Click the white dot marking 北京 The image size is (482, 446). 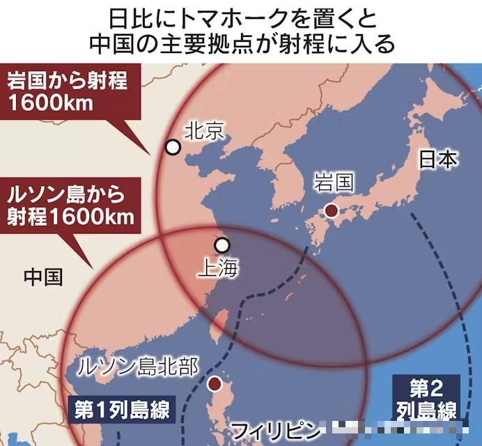pyautogui.click(x=172, y=147)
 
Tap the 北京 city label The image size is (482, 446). pyautogui.click(x=205, y=130)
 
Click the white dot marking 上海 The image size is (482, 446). pyautogui.click(x=222, y=245)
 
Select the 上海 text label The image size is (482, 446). pyautogui.click(x=218, y=268)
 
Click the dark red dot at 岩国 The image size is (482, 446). pyautogui.click(x=332, y=210)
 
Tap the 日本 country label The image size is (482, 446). pyautogui.click(x=438, y=160)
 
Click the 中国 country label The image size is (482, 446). pyautogui.click(x=43, y=277)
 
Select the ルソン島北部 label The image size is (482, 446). pyautogui.click(x=138, y=365)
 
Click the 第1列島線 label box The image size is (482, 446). pyautogui.click(x=121, y=411)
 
